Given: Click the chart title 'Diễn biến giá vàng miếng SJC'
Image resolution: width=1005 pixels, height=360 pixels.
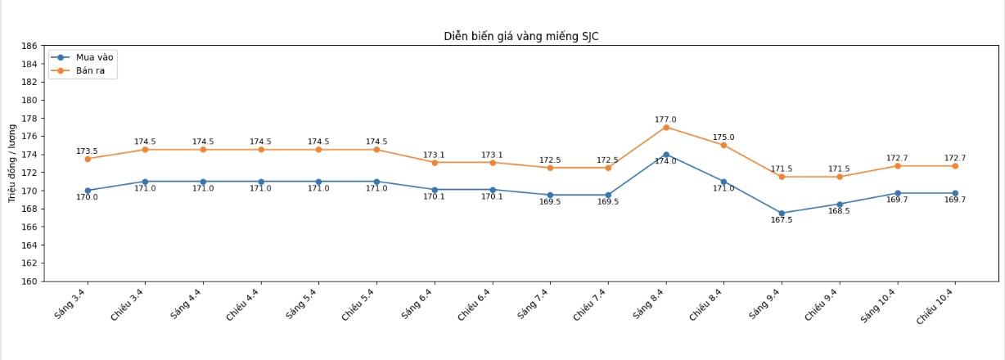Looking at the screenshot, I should (521, 36).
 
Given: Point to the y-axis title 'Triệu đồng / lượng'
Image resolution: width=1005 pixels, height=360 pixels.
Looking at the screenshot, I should (12, 164).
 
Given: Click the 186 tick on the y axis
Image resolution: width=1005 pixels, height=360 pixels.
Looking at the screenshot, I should (28, 46).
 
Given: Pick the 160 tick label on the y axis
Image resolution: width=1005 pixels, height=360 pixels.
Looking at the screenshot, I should (28, 281).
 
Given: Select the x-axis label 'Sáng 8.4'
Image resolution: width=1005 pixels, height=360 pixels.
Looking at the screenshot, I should (651, 304).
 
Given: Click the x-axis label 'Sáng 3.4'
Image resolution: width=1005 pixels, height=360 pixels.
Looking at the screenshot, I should (73, 304).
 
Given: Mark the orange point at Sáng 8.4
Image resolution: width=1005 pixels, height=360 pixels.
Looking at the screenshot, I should (666, 127).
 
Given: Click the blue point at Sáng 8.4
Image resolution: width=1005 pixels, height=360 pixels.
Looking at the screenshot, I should (666, 155).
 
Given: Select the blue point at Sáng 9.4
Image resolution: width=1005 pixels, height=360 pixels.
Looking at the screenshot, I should (782, 213).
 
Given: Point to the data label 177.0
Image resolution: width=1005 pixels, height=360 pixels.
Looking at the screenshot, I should (665, 119).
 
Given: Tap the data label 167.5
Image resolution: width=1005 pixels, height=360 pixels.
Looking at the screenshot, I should (781, 220).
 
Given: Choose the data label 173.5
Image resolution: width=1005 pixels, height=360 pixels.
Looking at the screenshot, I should (87, 151).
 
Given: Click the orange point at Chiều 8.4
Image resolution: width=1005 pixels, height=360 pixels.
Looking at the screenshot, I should (723, 145).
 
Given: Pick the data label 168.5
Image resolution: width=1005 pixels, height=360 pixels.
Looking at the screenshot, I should (839, 211).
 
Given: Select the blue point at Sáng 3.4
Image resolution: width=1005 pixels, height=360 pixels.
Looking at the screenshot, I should (88, 191).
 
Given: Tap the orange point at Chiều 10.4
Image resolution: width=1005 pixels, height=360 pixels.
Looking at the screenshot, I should (955, 166).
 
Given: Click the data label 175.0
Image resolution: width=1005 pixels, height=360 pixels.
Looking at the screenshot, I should (723, 137).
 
